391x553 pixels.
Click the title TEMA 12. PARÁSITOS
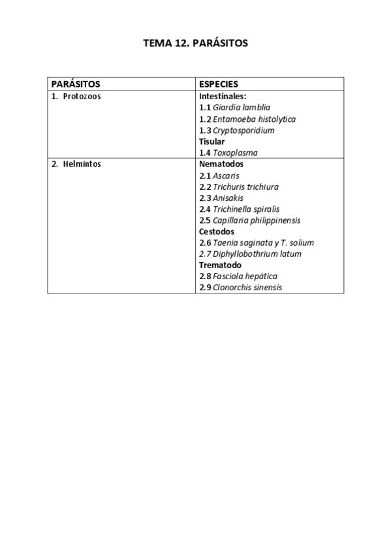pos(196,44)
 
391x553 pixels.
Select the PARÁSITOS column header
pos(76,84)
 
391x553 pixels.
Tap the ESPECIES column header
pos(218,84)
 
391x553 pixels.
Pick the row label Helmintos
pos(82,164)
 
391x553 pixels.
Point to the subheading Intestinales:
pos(222,96)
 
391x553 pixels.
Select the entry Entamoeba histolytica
pos(254,119)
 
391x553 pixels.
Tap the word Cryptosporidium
pos(243,130)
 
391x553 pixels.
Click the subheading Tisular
pos(211,142)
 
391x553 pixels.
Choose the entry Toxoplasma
pos(235,153)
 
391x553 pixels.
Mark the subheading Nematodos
pos(221,164)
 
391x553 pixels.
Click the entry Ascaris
pos(226,175)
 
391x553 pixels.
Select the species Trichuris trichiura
pos(245,187)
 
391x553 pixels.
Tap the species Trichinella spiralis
pos(246,209)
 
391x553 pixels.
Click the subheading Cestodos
pos(216,232)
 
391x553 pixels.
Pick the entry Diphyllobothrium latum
pos(257,254)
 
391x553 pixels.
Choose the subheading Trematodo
pos(220,265)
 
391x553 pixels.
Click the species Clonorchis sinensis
pos(247,288)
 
